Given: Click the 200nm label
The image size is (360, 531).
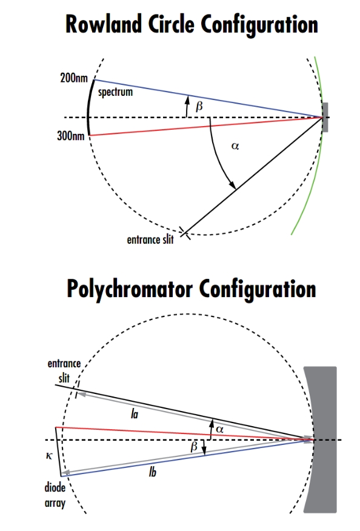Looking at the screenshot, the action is coord(74,78).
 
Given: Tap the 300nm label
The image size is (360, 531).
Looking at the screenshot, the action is coord(70,136).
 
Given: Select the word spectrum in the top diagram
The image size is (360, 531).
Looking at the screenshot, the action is coord(116,92).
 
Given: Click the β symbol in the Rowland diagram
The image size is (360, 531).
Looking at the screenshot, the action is coord(199,106).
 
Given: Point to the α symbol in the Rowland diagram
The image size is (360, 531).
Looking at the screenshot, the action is coord(235,146).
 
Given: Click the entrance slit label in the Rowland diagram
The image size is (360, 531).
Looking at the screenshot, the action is coord(150,239).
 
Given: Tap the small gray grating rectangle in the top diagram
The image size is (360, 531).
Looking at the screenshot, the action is coord(325,117).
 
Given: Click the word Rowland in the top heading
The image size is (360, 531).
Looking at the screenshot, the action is coord(103,24).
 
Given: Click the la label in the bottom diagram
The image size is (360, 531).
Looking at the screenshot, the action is coord(135,414).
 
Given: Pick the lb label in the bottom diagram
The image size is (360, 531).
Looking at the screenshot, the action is coord(153,472).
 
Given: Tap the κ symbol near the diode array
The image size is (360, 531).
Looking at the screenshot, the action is coord(49,456).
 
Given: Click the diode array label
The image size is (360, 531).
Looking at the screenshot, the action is coord(55,495).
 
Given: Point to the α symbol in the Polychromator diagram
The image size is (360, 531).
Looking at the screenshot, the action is coord(219,429).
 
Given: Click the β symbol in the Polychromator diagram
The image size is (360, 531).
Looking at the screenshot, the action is coord(194,447).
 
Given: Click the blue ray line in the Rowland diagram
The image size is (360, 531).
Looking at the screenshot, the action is coord(208,99).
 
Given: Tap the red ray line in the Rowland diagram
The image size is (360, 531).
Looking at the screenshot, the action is coord(206,126).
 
